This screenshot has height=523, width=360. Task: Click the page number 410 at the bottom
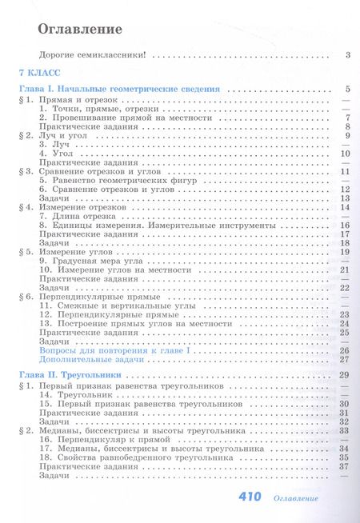point(250,497)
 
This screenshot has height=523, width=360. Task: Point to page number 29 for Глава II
point(345,375)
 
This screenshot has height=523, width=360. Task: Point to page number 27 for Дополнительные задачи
point(345,360)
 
